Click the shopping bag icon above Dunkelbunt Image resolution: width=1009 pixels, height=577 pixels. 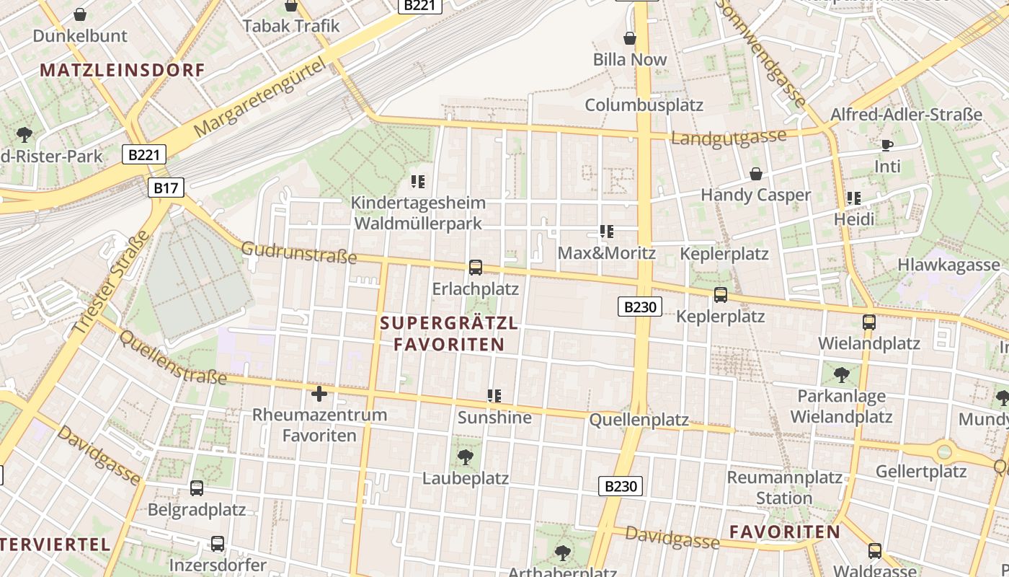click(80, 14)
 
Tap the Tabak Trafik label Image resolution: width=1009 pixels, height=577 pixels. click(290, 26)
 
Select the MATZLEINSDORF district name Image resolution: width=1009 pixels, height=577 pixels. click(123, 70)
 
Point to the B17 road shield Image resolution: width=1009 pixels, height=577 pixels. click(166, 188)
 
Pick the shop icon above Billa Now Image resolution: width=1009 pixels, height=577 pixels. click(630, 38)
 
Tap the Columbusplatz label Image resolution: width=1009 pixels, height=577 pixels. click(644, 105)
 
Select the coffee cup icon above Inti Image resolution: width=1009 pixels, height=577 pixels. click(887, 145)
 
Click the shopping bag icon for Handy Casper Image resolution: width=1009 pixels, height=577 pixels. click(756, 174)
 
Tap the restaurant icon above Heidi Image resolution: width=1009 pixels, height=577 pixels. click(854, 198)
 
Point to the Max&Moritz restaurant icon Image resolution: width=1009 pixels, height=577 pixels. click(607, 232)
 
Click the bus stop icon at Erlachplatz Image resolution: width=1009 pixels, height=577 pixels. click(476, 268)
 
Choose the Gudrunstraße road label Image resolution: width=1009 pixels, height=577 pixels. click(298, 252)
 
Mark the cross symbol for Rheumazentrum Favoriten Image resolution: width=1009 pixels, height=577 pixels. click(319, 393)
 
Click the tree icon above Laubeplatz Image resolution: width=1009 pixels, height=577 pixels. click(466, 457)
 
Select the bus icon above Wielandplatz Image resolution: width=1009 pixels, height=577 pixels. click(869, 322)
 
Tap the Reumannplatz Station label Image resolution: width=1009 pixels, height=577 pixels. click(784, 488)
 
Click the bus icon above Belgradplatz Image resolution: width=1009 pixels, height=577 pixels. click(197, 488)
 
